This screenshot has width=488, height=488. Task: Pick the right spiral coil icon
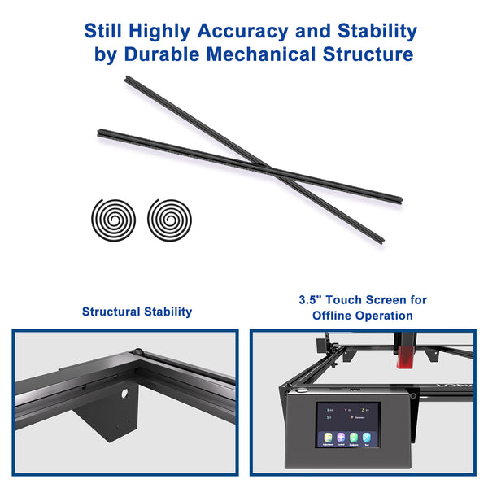click(168, 217)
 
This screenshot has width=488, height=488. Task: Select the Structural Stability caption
click(137, 312)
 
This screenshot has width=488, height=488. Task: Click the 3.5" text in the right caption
click(311, 300)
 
